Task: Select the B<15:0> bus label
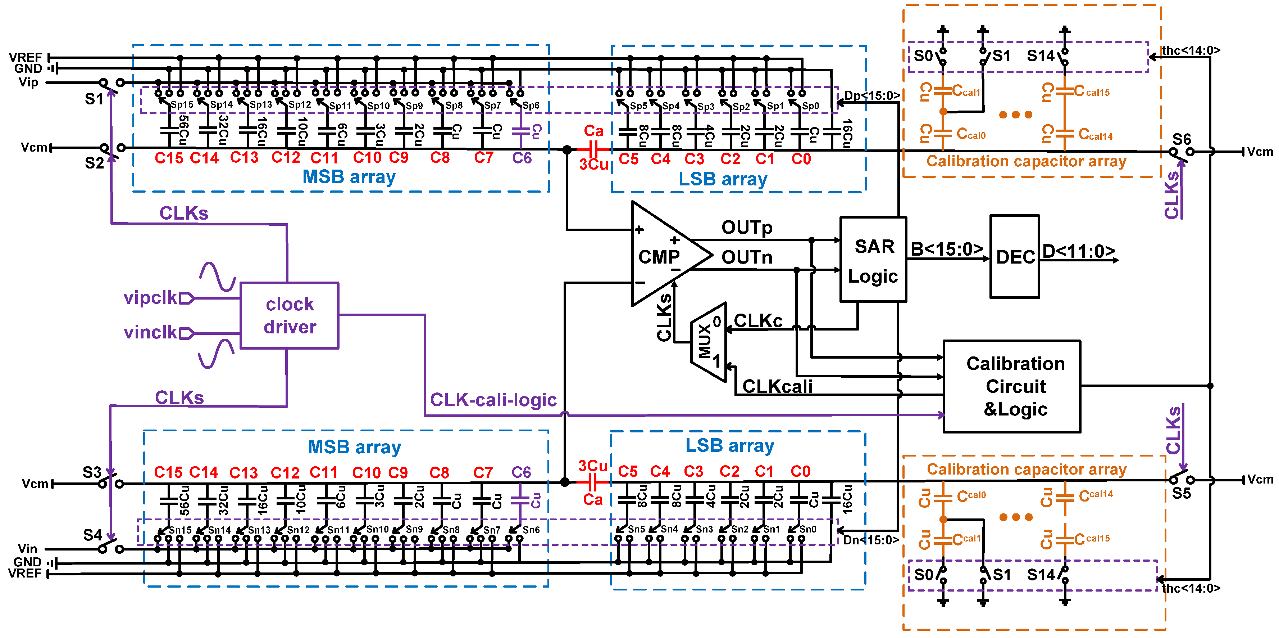click(x=946, y=249)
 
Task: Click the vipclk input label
click(x=150, y=298)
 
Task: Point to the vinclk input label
click(x=150, y=332)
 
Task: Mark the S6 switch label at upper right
click(x=1181, y=139)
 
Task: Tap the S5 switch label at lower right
click(x=1181, y=493)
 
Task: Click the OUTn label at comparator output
click(x=746, y=257)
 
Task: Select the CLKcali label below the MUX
click(x=777, y=386)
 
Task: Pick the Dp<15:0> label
click(x=871, y=95)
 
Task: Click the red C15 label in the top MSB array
click(x=169, y=158)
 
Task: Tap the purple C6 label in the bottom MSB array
click(x=521, y=472)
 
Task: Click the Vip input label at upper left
click(x=28, y=82)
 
